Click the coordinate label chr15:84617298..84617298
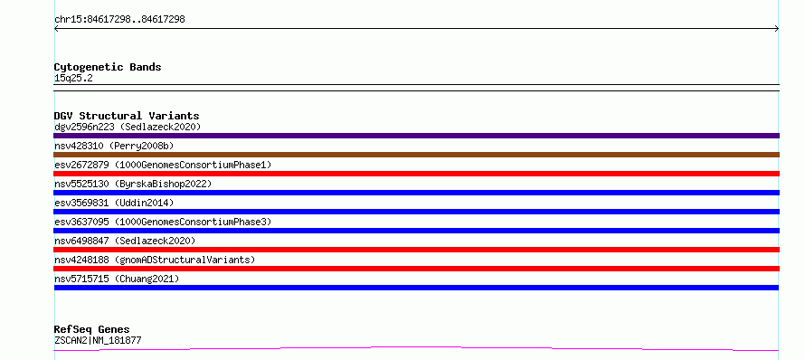119,20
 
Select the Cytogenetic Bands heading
108,67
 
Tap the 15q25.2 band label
73,79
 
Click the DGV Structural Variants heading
127,116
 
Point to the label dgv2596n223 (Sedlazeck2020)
128,127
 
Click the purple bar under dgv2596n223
416,136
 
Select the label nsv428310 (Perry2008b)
114,146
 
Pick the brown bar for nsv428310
416,155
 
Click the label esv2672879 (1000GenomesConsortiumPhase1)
163,165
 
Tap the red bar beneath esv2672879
416,174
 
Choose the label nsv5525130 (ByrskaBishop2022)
132,184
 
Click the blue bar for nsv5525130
416,193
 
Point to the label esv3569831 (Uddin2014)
114,203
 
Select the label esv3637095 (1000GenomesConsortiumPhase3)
163,222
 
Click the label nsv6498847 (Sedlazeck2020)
125,241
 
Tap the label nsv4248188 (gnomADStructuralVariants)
155,260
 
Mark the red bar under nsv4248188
416,269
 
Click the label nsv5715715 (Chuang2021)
117,279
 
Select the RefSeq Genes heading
91,330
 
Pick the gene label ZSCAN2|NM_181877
98,340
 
